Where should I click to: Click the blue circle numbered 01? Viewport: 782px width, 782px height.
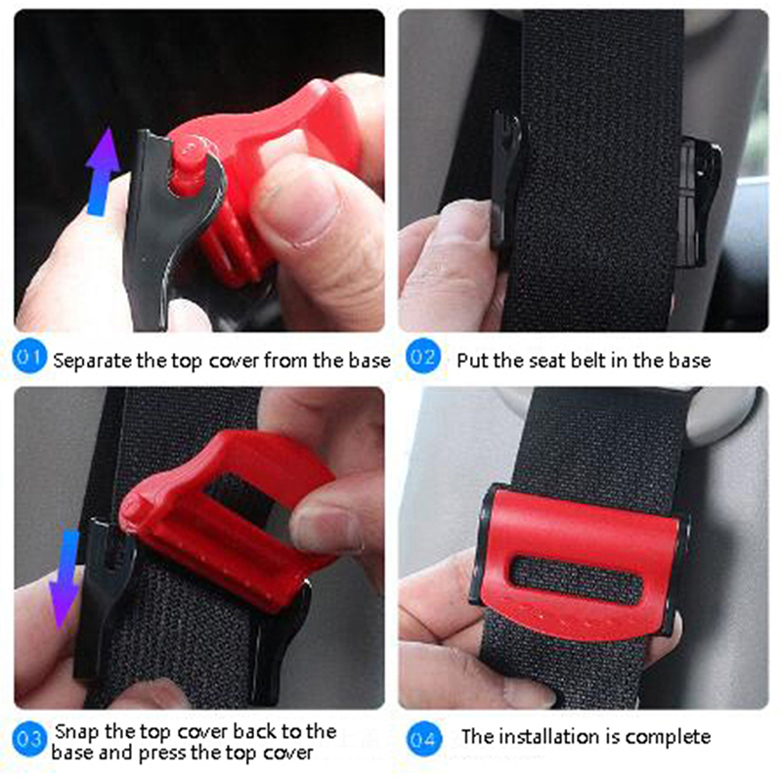click(29, 356)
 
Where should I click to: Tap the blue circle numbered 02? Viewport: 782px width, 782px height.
click(423, 356)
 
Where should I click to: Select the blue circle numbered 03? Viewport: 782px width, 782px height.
click(29, 739)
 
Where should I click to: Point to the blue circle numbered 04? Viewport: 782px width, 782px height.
click(423, 739)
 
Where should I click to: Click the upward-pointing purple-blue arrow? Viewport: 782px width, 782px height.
click(103, 172)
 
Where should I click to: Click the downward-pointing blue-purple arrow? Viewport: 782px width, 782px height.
click(65, 580)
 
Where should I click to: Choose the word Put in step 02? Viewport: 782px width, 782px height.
click(472, 360)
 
